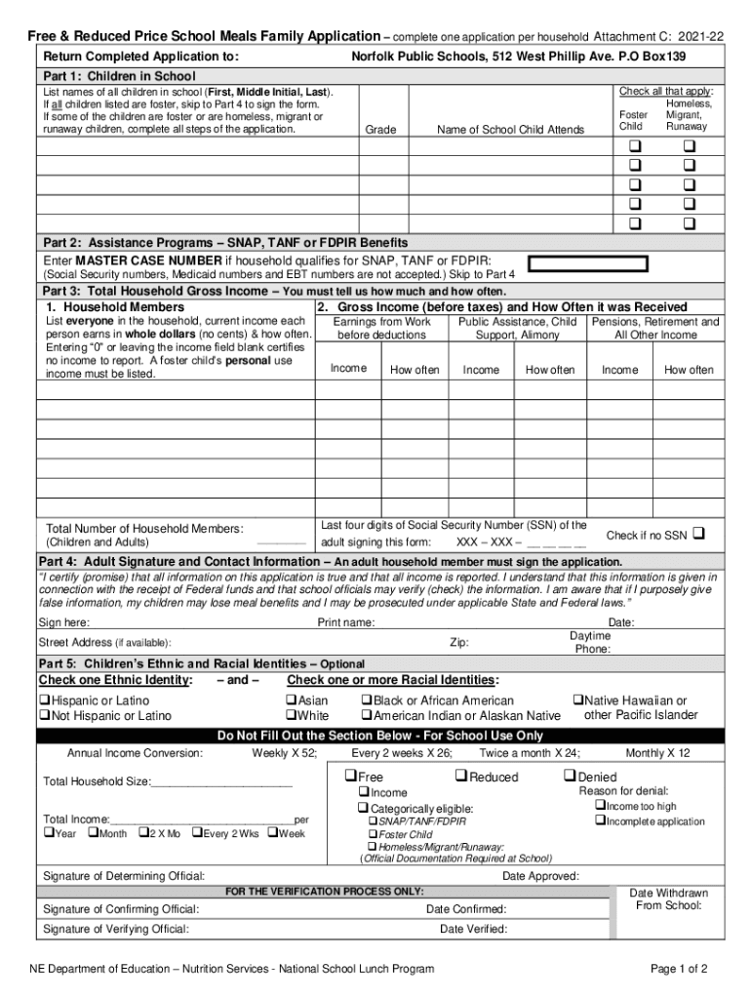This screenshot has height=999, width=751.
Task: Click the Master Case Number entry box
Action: click(588, 262)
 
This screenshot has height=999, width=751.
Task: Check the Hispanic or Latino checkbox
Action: click(45, 700)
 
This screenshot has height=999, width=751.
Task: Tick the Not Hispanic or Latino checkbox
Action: click(45, 716)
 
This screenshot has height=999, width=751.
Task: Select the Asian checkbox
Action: click(291, 700)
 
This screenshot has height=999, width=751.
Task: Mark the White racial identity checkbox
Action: click(291, 716)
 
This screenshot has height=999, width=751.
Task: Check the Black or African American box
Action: click(368, 700)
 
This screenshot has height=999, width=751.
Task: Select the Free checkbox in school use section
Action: click(349, 777)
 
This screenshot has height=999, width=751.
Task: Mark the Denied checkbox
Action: click(570, 777)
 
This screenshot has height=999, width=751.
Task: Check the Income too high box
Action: click(600, 806)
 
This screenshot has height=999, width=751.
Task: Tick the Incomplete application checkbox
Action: click(600, 821)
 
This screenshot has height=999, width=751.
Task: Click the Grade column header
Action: click(379, 130)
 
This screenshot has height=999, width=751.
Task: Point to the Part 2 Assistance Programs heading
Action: click(224, 242)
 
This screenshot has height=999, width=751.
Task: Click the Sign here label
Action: click(64, 622)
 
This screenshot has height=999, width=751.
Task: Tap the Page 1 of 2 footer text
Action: click(679, 969)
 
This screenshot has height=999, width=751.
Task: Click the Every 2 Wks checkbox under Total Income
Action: click(197, 833)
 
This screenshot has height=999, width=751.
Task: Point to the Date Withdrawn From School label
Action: click(668, 899)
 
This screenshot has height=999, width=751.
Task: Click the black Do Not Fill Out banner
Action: click(380, 736)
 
